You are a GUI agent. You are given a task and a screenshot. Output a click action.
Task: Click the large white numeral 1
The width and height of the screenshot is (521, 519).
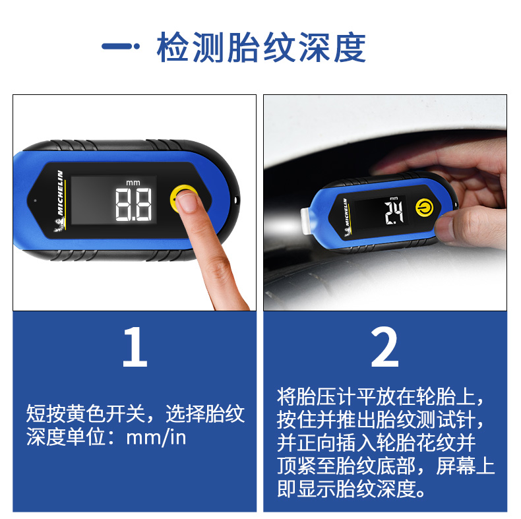(x=135, y=347)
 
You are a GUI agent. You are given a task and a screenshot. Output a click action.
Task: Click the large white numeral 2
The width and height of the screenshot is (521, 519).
(x=384, y=347)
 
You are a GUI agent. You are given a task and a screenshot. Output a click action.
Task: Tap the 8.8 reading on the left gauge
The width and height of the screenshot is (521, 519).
(x=133, y=204)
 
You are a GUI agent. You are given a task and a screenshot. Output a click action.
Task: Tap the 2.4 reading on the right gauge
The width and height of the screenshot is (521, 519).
(x=394, y=212)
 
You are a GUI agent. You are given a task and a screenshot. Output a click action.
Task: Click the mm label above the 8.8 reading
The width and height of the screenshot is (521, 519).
(x=133, y=183)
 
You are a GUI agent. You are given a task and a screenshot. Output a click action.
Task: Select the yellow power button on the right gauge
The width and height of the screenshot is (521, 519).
(x=425, y=207)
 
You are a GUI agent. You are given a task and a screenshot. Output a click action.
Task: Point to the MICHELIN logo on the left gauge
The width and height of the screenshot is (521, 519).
(x=60, y=193)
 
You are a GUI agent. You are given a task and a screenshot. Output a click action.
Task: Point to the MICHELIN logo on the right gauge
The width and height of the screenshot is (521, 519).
(x=346, y=212)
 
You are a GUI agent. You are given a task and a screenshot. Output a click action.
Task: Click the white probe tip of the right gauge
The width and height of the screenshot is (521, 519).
(x=305, y=221)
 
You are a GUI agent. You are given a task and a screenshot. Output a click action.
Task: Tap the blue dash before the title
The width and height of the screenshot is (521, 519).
(x=120, y=46)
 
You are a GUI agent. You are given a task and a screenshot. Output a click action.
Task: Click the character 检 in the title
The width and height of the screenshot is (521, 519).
(x=173, y=47)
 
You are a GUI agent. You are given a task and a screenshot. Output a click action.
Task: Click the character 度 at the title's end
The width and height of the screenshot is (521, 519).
(x=350, y=47)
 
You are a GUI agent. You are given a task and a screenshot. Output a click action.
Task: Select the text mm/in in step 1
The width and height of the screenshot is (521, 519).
(x=156, y=437)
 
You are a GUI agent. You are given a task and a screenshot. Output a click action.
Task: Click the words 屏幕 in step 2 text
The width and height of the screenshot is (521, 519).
(x=455, y=466)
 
